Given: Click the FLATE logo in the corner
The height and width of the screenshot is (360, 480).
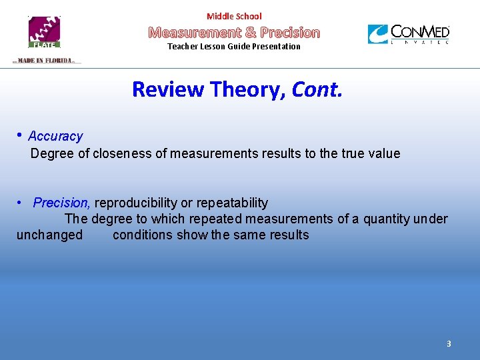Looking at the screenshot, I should click(x=44, y=31).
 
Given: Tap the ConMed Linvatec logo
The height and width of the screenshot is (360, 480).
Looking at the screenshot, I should click(x=409, y=34).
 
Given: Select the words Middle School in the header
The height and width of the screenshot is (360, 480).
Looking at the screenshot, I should click(x=234, y=16).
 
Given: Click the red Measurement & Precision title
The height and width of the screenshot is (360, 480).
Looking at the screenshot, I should click(x=234, y=32).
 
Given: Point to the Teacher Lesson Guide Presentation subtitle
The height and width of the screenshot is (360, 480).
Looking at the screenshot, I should click(x=234, y=47).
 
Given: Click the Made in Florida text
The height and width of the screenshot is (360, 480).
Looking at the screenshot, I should click(x=45, y=61).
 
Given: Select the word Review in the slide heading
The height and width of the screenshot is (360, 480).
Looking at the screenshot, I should click(x=167, y=89).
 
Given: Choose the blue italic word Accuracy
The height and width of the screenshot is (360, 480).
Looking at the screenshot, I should click(x=55, y=137).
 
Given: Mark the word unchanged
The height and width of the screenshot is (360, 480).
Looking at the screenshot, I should click(x=50, y=235).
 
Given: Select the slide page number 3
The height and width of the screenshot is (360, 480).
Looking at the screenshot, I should click(x=449, y=344).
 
